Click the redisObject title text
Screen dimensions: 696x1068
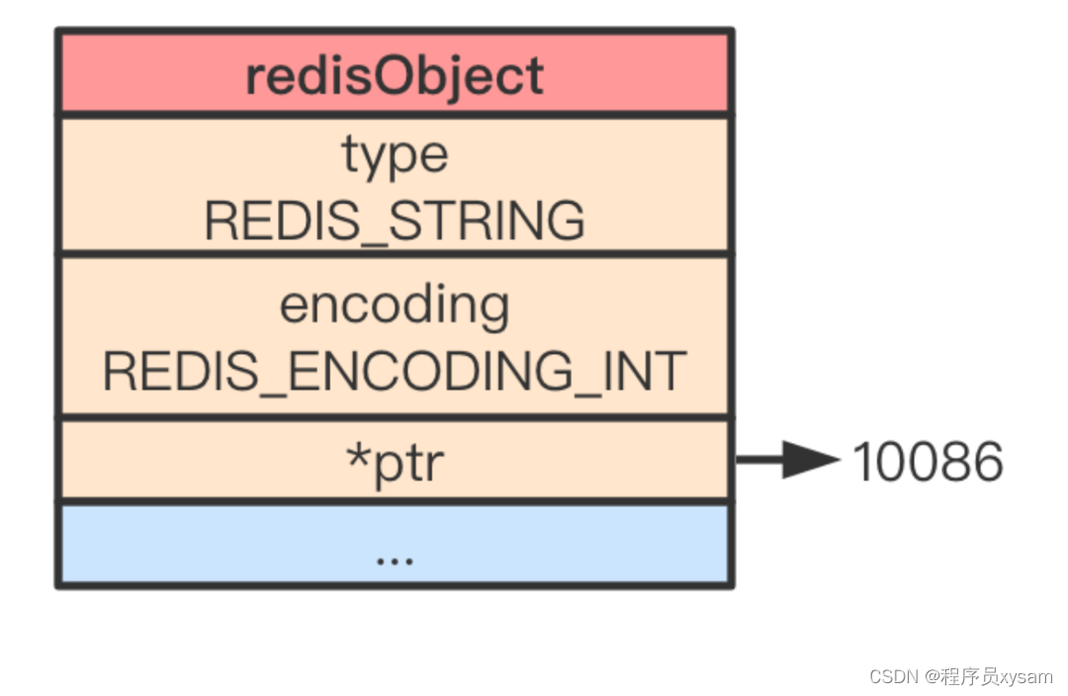(x=395, y=75)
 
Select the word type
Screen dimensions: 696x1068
(x=395, y=155)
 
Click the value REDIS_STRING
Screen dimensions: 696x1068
(x=395, y=220)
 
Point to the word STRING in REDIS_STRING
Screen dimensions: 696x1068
(x=487, y=220)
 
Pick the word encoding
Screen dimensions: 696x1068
(x=395, y=306)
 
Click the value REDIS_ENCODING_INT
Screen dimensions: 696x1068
(x=395, y=372)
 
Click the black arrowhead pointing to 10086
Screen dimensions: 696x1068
(x=813, y=460)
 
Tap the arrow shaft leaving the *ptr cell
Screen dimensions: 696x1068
(x=759, y=460)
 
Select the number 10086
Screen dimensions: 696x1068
(x=928, y=462)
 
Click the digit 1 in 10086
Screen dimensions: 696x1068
(x=863, y=462)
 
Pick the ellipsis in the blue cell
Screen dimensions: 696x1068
(x=395, y=559)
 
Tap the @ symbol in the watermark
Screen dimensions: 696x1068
(x=934, y=676)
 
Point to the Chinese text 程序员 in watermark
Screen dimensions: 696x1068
(x=971, y=676)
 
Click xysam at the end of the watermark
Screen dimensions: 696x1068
(x=1025, y=677)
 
